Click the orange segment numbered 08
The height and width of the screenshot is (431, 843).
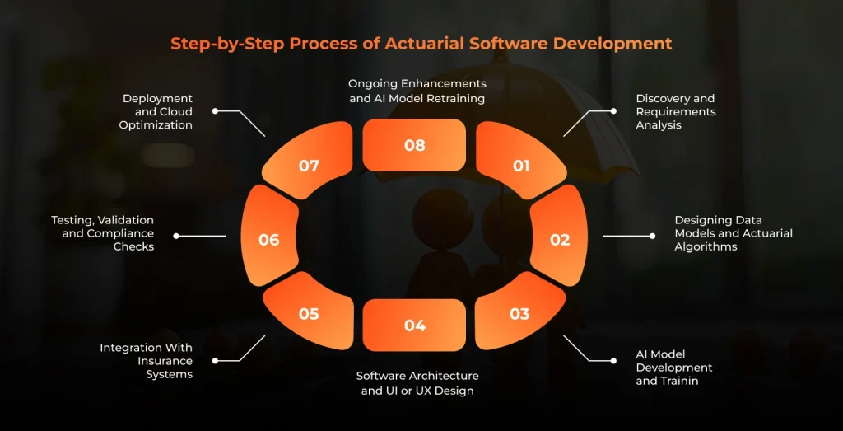click(x=414, y=145)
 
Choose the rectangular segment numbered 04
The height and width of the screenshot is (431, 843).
click(x=414, y=325)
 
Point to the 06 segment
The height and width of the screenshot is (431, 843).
click(x=269, y=236)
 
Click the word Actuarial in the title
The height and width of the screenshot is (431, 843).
click(x=424, y=44)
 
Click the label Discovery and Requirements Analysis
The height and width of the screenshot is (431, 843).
click(x=676, y=112)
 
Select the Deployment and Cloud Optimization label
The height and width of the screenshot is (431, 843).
click(x=157, y=112)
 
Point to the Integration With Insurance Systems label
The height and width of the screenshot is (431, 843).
click(x=147, y=361)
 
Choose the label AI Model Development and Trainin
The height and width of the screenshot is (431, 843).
click(x=674, y=368)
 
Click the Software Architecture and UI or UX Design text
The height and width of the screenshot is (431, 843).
click(x=417, y=383)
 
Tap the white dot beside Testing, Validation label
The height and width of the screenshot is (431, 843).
click(x=176, y=236)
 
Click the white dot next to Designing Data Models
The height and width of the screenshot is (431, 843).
click(x=652, y=236)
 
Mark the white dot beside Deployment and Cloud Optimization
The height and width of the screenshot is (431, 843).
click(x=215, y=111)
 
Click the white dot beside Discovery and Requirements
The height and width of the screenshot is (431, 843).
click(x=612, y=111)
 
